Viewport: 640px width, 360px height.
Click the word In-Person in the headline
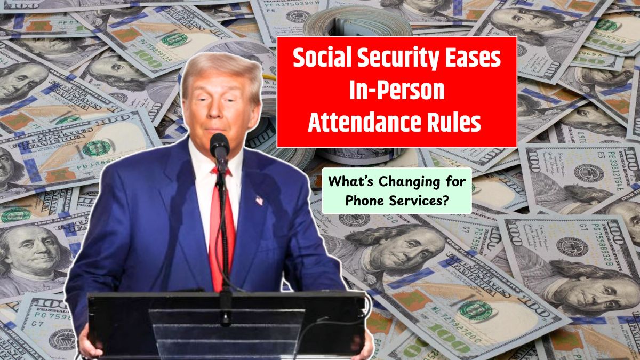(397, 90)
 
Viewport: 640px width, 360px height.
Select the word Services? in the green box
(418, 201)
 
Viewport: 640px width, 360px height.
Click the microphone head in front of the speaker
(219, 146)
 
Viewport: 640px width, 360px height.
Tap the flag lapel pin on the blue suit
(259, 201)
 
